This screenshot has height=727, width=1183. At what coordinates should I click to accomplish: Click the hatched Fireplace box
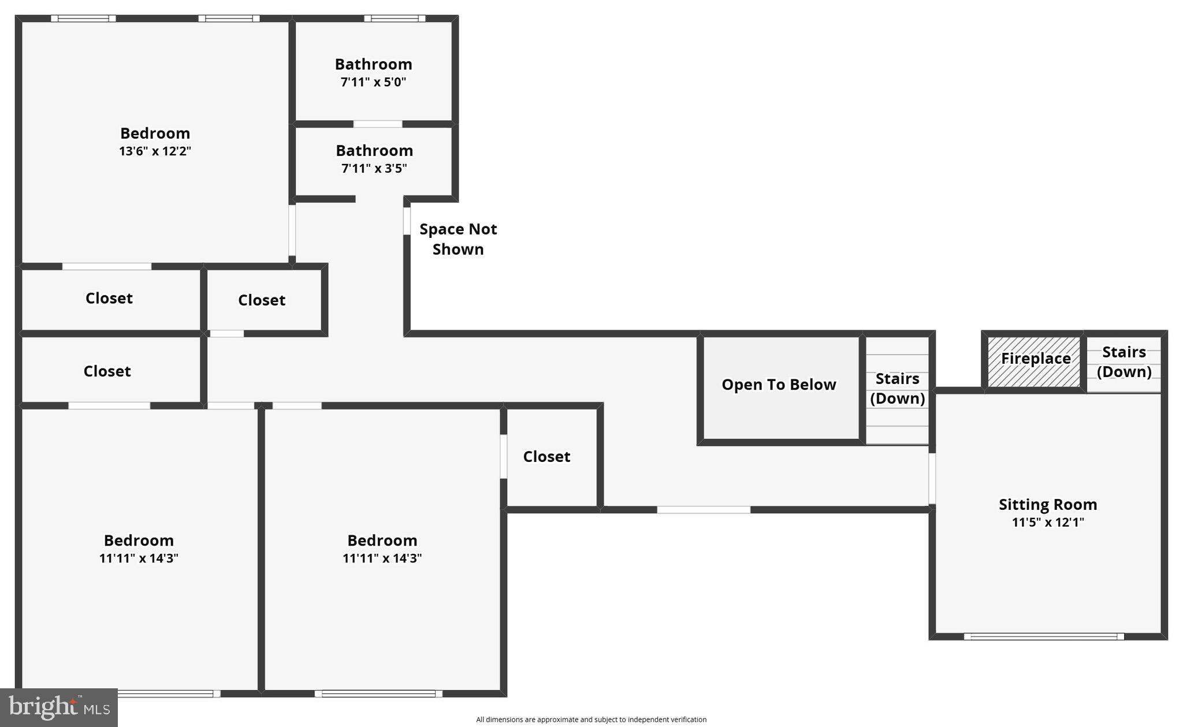1034,362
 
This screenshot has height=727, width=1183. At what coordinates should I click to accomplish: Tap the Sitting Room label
1047,504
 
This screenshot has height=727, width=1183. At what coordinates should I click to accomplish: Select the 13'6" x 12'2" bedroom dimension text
155,151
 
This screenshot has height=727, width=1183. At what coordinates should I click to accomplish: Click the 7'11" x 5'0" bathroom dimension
373,82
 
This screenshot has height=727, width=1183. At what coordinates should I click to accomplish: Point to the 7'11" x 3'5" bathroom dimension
374,169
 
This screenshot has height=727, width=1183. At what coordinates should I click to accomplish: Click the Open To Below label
778,385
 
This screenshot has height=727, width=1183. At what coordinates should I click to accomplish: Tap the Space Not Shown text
458,239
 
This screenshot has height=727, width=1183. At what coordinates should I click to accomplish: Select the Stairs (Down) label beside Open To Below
897,388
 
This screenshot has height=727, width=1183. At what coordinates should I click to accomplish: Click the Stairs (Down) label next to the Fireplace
1124,361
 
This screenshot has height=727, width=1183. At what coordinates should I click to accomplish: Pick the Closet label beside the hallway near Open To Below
546,457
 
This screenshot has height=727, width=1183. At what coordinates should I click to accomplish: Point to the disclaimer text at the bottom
591,719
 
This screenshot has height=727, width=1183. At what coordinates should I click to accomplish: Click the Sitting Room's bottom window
1043,636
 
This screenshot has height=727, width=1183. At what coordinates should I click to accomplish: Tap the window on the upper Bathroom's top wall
395,18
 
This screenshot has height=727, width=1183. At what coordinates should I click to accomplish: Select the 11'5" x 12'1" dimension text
1047,523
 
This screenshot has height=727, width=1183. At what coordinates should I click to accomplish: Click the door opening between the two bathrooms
377,124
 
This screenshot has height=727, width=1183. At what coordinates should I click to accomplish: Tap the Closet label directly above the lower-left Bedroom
107,371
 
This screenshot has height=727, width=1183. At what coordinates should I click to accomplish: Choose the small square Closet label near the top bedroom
262,300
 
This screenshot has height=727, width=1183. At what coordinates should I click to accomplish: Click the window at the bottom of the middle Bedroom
378,694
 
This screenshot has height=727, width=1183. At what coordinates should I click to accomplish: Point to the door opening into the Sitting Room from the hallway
932,478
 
